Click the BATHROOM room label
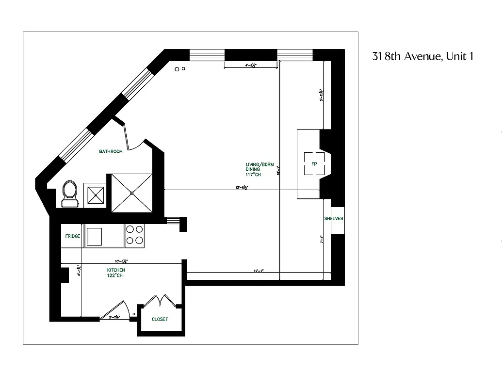[x=111, y=151]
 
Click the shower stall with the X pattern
[x=131, y=193]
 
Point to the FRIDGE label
[x=73, y=236]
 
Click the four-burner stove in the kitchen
[x=134, y=234]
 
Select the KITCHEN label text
[x=116, y=270]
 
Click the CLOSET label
[x=160, y=319]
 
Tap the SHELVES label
[x=333, y=219]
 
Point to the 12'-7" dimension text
[x=259, y=272]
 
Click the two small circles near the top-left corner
[x=180, y=69]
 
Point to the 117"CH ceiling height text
[x=253, y=175]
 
